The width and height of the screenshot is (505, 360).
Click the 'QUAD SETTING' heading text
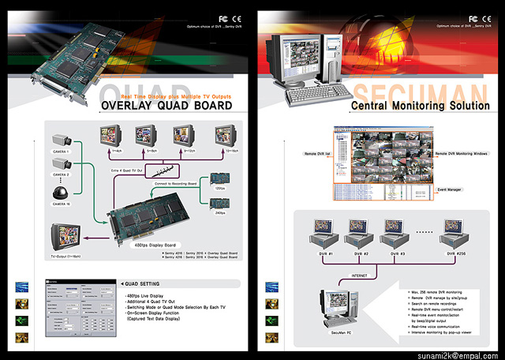[144, 283]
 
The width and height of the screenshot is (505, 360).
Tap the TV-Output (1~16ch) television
[65, 238]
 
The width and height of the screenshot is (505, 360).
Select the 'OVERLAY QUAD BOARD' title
[166, 105]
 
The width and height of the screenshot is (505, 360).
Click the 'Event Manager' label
[450, 189]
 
